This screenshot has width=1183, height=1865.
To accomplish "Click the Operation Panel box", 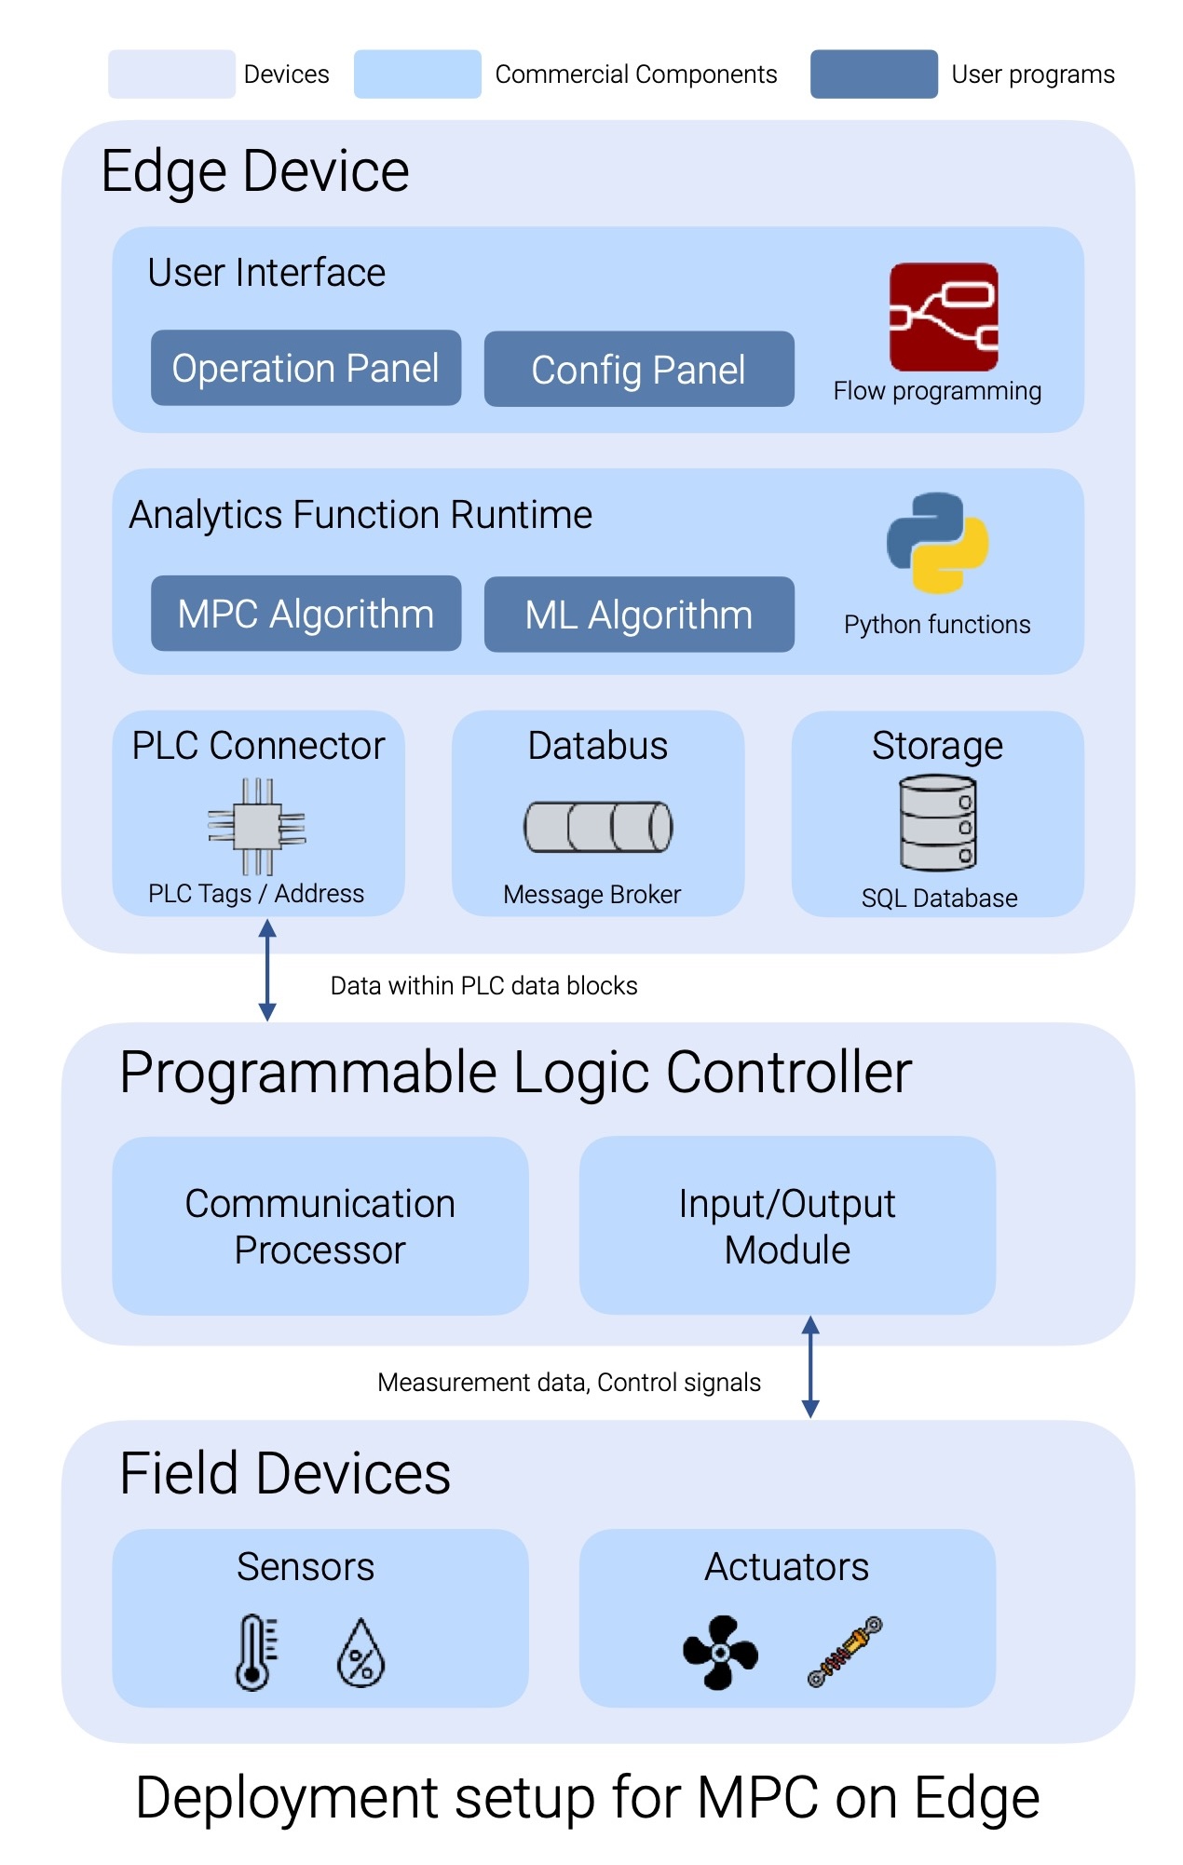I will (x=306, y=368).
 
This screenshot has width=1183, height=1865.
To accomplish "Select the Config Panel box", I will (x=638, y=369).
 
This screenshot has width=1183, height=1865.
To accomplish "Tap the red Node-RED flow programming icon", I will (x=943, y=318).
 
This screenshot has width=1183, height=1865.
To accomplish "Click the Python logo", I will (x=937, y=543).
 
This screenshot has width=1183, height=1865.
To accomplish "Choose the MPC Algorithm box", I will (x=306, y=614).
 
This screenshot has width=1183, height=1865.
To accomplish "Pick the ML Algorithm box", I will (x=638, y=615).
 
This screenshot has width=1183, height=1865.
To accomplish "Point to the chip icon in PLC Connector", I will (x=257, y=827).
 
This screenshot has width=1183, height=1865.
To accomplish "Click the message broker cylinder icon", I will (x=598, y=827).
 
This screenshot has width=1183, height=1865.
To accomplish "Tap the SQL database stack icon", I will (x=937, y=825).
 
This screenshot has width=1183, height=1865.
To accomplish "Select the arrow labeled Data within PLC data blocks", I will (x=267, y=970).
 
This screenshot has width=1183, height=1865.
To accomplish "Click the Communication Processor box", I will (x=320, y=1225).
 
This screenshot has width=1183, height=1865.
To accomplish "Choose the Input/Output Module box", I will (x=787, y=1225).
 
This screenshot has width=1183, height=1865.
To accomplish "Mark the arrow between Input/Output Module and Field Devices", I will (x=810, y=1367).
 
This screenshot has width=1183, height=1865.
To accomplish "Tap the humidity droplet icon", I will (x=360, y=1654).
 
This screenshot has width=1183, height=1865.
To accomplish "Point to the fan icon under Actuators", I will (x=720, y=1653).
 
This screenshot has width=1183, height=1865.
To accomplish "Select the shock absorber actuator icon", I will (x=845, y=1652).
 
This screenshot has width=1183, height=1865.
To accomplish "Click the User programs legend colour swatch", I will (x=873, y=74).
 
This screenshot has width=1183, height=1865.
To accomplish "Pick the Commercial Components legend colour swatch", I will (x=417, y=74).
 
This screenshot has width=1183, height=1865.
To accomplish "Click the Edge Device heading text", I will (x=255, y=171).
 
